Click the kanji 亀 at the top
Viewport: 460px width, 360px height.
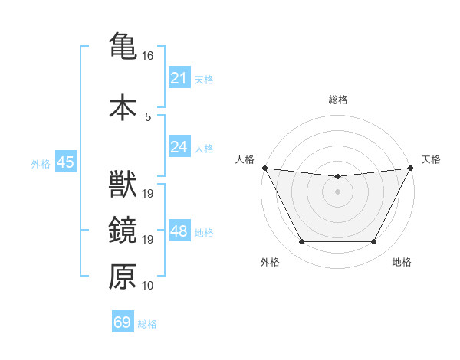point(123,47)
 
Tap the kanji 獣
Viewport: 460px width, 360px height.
point(123,185)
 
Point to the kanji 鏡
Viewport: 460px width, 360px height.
point(123,231)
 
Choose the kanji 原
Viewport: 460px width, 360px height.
point(123,277)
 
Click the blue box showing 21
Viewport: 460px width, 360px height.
point(179,79)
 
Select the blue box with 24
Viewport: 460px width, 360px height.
point(179,147)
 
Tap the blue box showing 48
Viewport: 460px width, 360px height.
point(179,231)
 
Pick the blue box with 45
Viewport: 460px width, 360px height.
point(65,162)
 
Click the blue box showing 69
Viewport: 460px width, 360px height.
point(123,322)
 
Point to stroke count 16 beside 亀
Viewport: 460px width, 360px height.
point(148,56)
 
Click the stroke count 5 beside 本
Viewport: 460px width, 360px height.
point(148,116)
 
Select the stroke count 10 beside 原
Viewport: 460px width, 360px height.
point(148,286)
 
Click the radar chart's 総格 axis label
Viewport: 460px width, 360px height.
point(337,100)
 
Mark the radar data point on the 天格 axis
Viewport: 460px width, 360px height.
point(412,168)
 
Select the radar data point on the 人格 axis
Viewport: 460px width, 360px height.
point(264,168)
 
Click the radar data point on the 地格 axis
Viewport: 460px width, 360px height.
point(373,242)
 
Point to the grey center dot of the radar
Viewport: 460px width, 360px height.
point(337,191)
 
